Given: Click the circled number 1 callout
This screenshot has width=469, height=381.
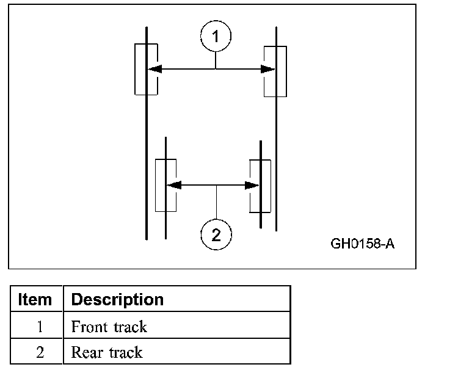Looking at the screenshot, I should click(x=216, y=37).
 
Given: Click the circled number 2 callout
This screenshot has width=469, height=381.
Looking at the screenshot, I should click(x=216, y=234).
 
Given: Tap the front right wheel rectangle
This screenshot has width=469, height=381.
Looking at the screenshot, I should click(x=275, y=70).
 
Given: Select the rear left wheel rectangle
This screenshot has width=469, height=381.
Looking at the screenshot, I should click(x=166, y=185).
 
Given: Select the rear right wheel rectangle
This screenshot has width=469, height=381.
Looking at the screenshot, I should click(x=260, y=186).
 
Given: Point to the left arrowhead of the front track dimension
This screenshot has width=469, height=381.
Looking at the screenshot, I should click(x=155, y=69).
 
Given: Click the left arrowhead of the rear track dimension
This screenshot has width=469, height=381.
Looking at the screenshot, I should click(x=173, y=184).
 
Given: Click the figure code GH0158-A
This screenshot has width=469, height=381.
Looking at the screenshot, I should click(x=363, y=244).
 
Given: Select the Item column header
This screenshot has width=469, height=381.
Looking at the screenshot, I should click(x=35, y=300).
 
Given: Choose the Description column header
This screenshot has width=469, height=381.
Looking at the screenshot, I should click(x=117, y=300).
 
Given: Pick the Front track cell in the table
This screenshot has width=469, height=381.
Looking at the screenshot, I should click(x=176, y=327).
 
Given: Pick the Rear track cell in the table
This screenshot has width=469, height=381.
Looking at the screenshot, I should click(x=176, y=352).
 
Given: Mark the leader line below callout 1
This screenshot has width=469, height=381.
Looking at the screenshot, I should click(x=216, y=60).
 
